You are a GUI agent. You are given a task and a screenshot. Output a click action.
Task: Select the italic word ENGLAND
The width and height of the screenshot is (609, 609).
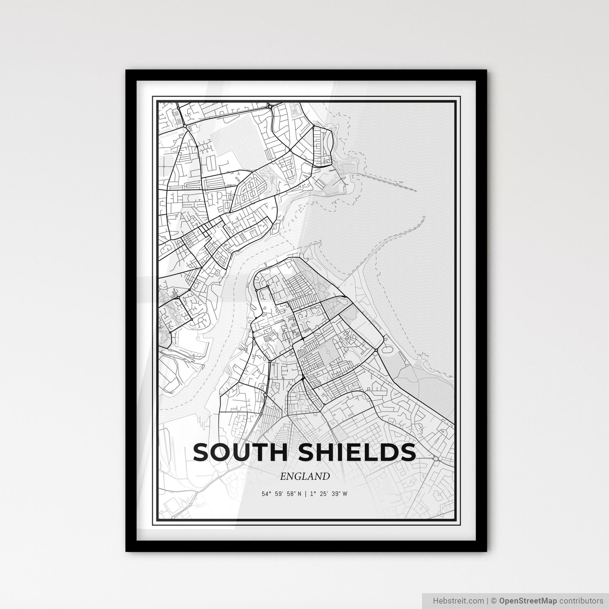point(304,476)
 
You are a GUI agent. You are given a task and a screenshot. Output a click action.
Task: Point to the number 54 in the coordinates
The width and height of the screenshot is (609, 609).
point(265,494)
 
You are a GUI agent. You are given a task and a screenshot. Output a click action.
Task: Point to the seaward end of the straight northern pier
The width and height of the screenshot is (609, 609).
point(416,191)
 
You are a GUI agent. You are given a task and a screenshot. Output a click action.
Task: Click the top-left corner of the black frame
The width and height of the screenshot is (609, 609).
point(126,70)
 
